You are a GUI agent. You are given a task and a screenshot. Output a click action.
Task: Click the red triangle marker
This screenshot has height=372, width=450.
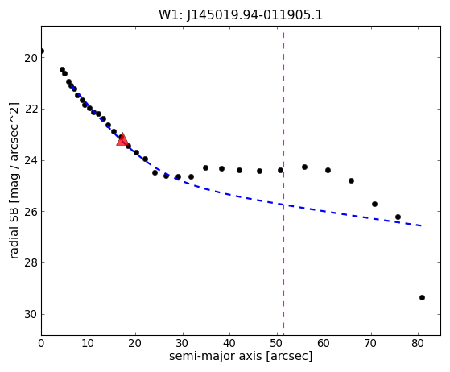[122, 140]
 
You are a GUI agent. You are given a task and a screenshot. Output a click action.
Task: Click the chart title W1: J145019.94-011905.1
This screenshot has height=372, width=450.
[241, 15]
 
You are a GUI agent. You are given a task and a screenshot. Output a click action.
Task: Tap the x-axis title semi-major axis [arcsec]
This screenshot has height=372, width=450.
[241, 356]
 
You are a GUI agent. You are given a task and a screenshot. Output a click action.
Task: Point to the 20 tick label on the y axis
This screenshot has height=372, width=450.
[31, 58]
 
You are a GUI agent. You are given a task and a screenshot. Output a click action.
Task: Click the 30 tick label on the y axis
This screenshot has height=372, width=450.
[31, 315]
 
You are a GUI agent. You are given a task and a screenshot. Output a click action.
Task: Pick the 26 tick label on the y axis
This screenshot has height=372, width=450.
[31, 212]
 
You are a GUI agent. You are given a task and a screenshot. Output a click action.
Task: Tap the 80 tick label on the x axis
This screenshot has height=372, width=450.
[418, 343]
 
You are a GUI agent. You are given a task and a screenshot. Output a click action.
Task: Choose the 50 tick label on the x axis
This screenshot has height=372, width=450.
[277, 343]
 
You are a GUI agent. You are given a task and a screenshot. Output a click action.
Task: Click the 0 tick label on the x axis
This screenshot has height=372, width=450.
[41, 343]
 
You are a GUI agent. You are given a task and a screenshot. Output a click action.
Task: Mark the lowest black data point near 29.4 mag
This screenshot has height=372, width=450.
[422, 297]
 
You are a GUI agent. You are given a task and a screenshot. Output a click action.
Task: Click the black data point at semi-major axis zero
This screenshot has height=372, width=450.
[42, 52]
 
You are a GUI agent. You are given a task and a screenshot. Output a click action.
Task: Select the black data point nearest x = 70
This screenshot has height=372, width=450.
[374, 204]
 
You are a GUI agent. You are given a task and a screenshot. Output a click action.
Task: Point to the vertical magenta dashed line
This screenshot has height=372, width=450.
[284, 180]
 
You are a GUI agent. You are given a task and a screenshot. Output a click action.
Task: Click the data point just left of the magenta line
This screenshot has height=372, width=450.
[280, 170]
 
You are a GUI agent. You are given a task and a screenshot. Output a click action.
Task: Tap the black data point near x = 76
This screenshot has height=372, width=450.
[398, 217]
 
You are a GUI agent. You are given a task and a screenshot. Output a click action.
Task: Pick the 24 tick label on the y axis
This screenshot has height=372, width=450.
[31, 161]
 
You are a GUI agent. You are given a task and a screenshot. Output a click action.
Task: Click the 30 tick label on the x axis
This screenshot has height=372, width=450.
[183, 343]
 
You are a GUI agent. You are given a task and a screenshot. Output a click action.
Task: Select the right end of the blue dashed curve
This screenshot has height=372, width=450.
[421, 226]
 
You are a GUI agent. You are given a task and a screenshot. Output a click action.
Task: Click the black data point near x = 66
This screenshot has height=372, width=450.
[351, 181]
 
